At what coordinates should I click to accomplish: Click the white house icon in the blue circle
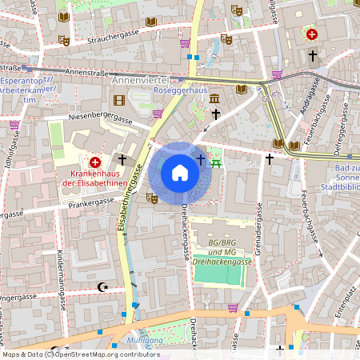coord(179,173)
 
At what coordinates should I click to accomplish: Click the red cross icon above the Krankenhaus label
coord(94,161)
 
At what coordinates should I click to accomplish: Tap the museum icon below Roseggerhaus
coord(215,98)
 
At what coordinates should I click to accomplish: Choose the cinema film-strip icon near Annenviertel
coord(119,100)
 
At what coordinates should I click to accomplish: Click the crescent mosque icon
coord(102,286)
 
